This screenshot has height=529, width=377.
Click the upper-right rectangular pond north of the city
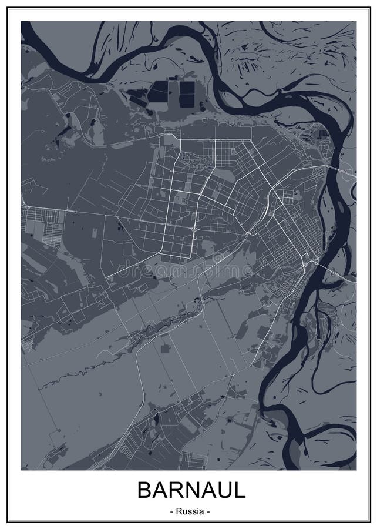pyautogui.click(x=187, y=88)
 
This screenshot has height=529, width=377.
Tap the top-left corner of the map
pyautogui.click(x=21, y=22)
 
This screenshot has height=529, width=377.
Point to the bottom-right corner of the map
pyautogui.click(x=356, y=470)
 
